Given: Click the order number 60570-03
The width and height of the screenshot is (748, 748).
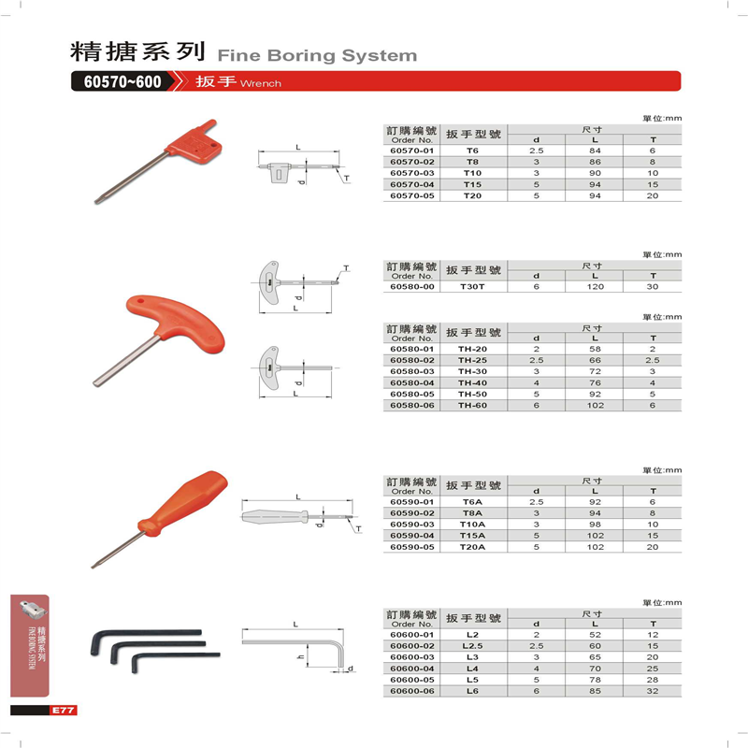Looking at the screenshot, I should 411,173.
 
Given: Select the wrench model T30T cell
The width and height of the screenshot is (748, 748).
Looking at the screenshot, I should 471,286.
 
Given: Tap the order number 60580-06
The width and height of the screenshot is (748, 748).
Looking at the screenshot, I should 411,405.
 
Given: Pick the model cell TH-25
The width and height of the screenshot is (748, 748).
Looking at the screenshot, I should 471,360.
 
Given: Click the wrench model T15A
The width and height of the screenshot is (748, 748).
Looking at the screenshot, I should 471,535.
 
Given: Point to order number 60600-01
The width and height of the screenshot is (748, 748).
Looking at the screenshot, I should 411,635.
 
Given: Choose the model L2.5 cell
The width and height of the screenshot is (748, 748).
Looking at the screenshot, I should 471,646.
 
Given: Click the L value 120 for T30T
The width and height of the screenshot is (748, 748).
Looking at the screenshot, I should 595,286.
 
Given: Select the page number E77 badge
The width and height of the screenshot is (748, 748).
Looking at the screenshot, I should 63,711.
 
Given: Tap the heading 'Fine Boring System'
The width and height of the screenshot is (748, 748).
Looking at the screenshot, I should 316,55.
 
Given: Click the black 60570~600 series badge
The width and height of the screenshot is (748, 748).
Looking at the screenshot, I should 122,81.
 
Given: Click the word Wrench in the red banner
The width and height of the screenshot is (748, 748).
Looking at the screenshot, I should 261,83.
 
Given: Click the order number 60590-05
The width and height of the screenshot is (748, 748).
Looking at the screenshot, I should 411,546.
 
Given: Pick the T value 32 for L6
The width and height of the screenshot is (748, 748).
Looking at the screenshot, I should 653,691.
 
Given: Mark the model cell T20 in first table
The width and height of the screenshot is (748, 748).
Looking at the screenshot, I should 471,195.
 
